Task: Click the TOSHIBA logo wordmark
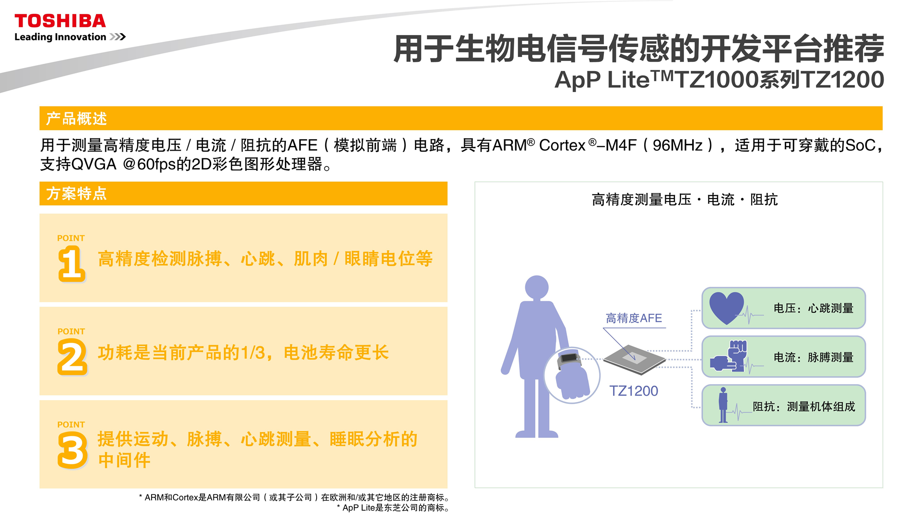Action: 60,21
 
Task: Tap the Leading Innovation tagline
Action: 60,37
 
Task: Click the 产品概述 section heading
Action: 76,118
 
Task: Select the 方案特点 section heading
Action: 76,193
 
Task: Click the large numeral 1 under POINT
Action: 71,263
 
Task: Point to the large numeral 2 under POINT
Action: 72,357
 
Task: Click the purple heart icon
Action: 726,307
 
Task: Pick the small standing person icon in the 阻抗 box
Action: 723,405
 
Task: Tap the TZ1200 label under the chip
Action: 634,391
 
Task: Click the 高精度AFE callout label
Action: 634,318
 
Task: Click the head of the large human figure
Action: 537,287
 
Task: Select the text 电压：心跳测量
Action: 814,308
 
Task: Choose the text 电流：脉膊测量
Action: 814,357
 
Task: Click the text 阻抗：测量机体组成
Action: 804,407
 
